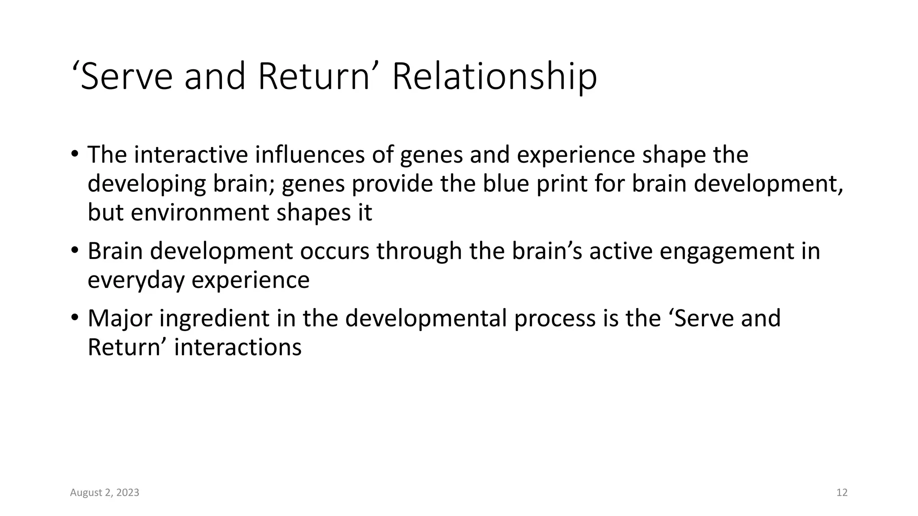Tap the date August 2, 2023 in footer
click(x=104, y=493)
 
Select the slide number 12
click(x=842, y=493)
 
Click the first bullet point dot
click(x=74, y=155)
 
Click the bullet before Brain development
click(x=74, y=251)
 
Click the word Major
click(x=120, y=318)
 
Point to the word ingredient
click(x=214, y=318)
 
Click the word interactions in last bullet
click(x=238, y=347)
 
